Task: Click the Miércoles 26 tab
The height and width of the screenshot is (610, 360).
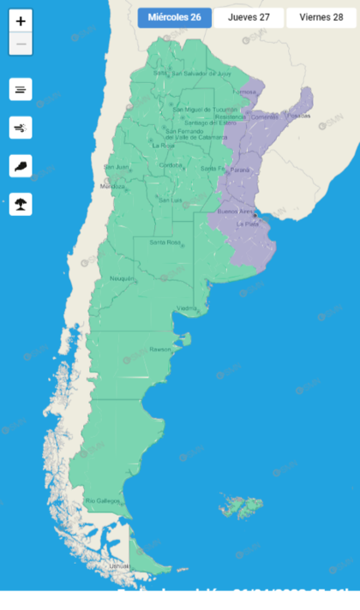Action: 174,17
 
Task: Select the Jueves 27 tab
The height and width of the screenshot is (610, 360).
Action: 249,17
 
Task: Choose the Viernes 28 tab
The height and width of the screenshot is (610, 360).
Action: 321,17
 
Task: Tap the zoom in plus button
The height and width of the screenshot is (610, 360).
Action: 21,21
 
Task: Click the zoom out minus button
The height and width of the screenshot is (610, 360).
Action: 21,44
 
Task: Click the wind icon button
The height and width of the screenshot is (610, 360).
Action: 21,128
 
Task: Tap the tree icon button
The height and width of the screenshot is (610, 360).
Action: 21,204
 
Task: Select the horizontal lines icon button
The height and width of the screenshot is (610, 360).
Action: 21,88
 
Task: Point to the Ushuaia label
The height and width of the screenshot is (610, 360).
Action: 119,566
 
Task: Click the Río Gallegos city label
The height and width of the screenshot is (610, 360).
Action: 101,500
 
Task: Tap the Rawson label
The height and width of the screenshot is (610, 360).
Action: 160,350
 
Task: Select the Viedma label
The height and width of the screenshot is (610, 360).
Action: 188,308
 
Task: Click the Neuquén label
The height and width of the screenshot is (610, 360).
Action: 121,278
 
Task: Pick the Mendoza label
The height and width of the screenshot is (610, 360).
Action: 113,186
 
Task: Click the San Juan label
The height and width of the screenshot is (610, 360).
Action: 117,166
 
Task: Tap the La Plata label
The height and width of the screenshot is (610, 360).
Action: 248,224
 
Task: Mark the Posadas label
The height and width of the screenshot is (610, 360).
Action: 299,115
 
